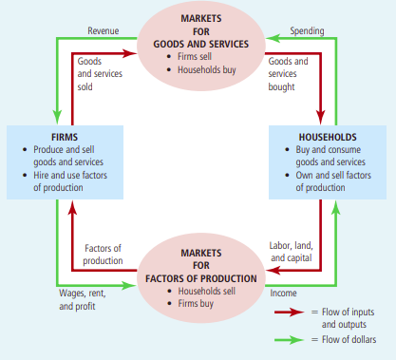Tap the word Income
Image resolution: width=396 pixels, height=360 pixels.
[284, 294]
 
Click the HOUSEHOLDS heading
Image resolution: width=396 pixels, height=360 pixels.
[329, 136]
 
